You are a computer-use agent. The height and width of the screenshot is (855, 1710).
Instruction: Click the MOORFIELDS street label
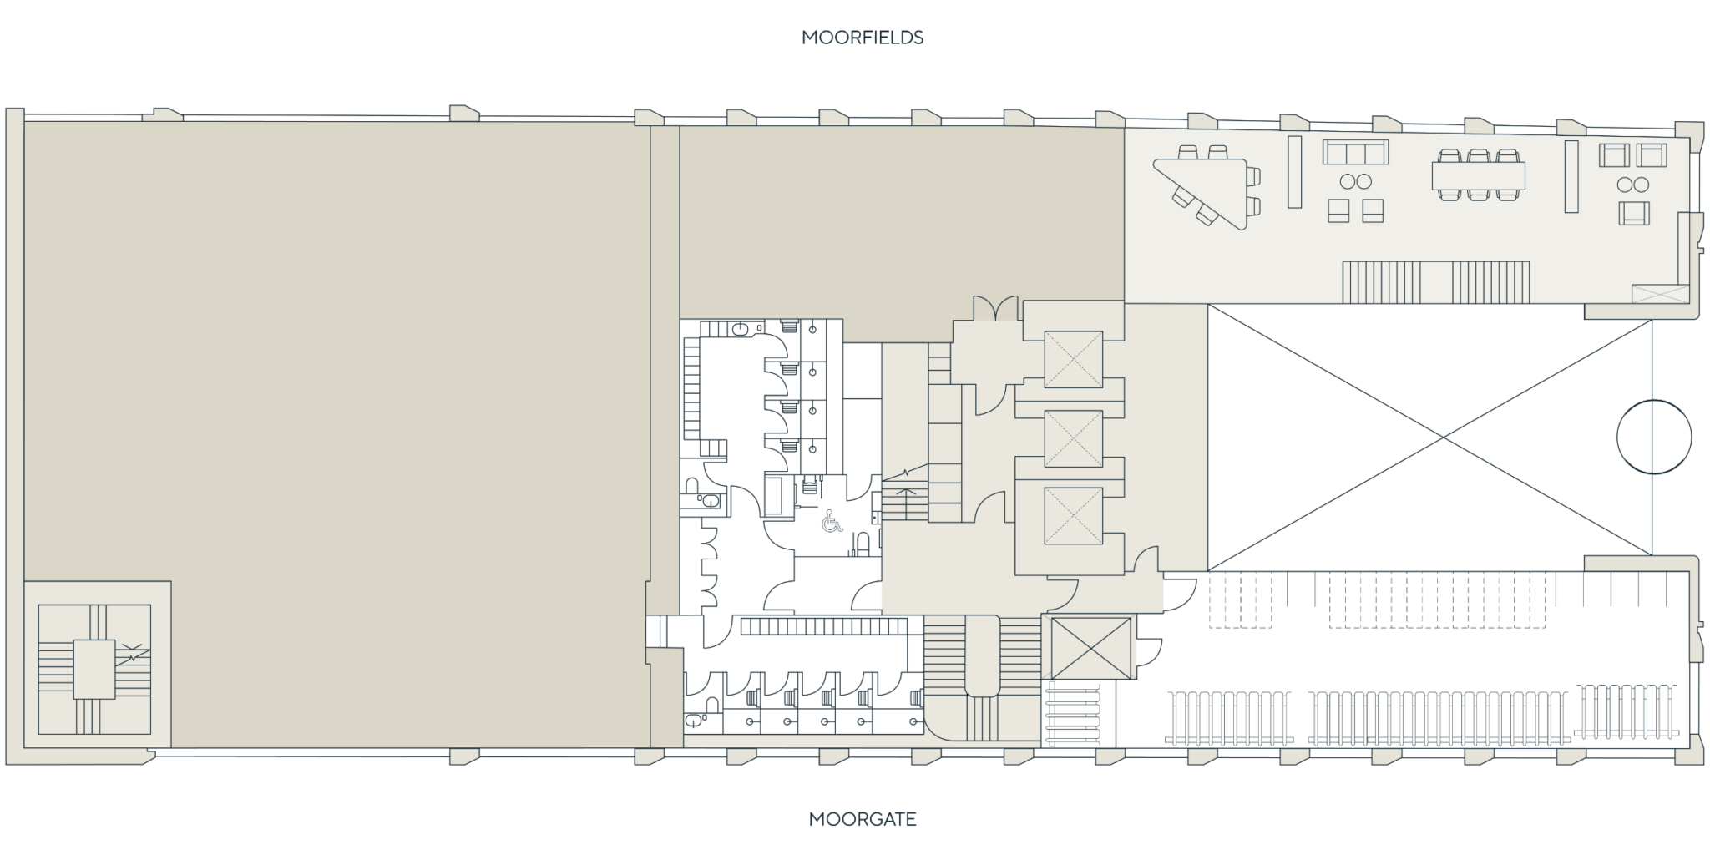click(863, 38)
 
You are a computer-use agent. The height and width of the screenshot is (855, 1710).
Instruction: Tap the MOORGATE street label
click(863, 819)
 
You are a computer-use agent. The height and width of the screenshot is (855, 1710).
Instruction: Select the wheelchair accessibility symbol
click(832, 522)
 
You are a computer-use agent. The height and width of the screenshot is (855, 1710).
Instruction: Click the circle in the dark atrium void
click(1653, 436)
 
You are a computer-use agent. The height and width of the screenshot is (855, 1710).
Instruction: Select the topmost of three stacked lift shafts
click(1073, 359)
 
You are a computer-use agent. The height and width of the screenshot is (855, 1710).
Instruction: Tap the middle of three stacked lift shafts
click(1073, 438)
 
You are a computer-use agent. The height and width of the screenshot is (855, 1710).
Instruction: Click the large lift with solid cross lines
click(1089, 648)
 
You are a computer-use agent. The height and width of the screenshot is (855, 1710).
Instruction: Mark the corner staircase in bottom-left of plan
click(94, 659)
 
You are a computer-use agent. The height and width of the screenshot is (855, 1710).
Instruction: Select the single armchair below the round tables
click(1634, 213)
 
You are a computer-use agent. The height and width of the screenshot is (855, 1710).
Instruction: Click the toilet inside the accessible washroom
click(863, 544)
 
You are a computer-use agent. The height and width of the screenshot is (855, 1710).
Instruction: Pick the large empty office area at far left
click(334, 376)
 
